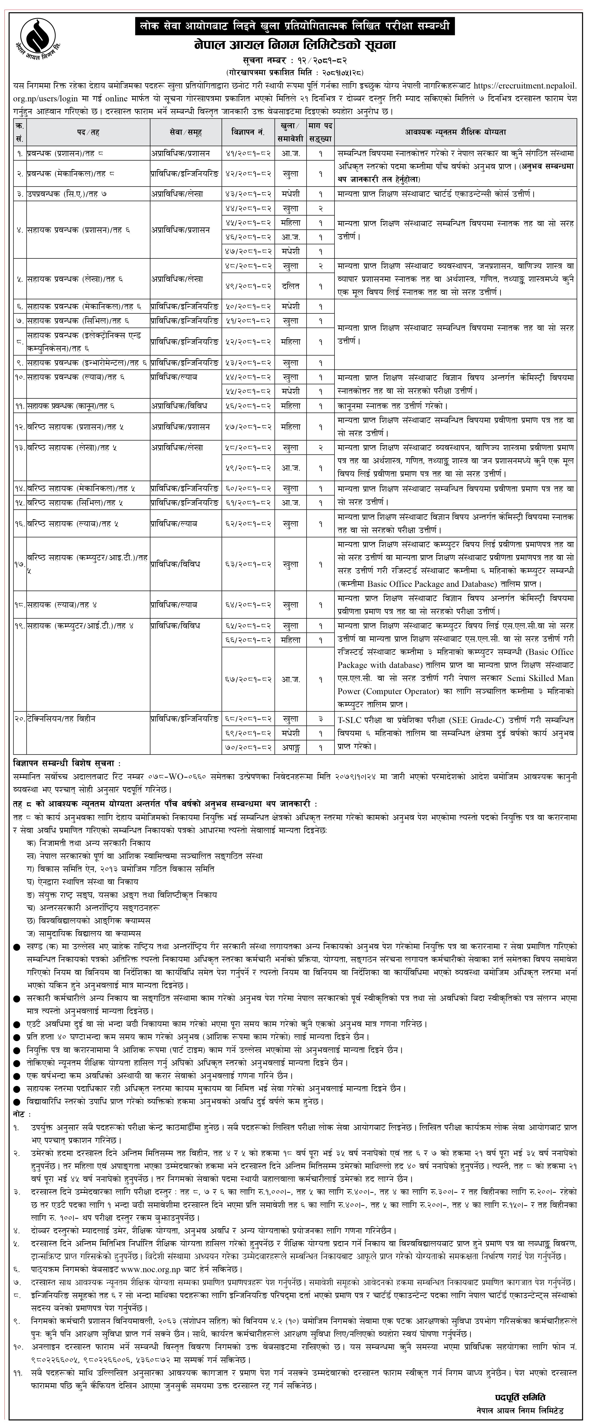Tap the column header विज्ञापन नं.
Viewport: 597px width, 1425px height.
[248, 132]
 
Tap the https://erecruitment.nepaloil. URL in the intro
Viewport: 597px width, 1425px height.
[526, 86]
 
